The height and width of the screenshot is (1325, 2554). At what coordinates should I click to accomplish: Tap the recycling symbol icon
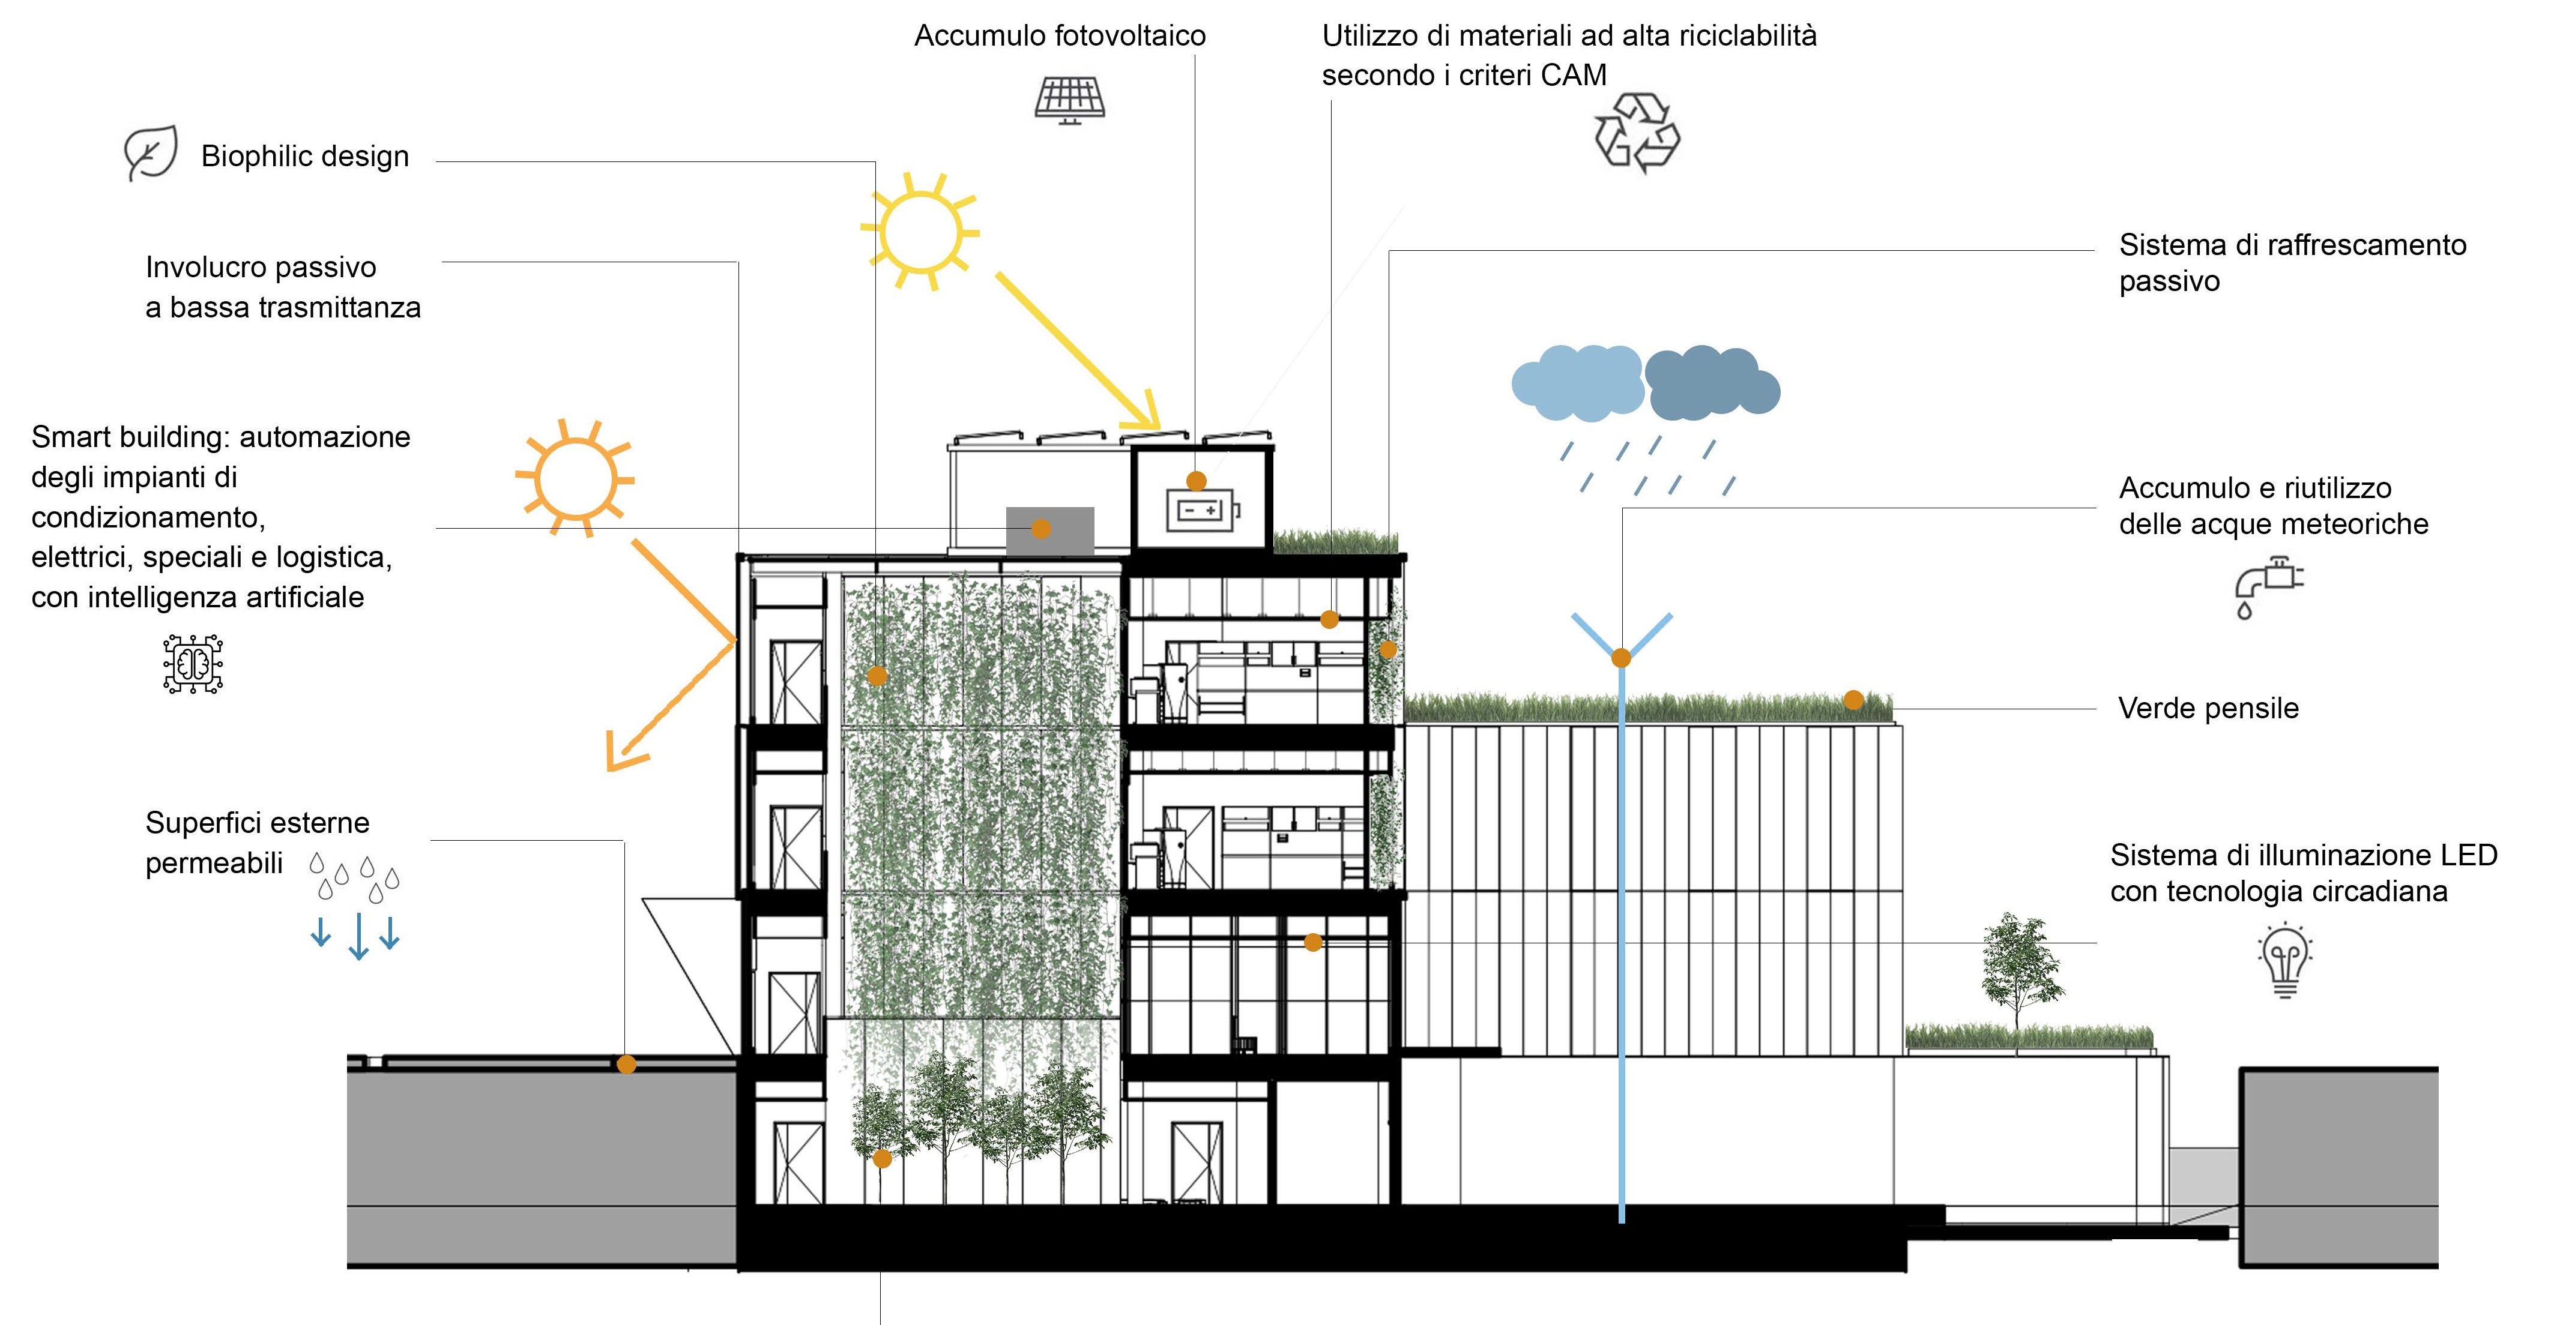(1637, 134)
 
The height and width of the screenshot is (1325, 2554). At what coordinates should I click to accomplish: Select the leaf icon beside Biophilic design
(151, 154)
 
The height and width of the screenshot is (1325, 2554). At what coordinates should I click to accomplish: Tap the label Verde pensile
(2208, 709)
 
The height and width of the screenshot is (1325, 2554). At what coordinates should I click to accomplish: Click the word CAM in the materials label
(1574, 76)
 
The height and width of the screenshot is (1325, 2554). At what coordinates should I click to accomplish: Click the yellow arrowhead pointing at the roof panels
(1147, 413)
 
